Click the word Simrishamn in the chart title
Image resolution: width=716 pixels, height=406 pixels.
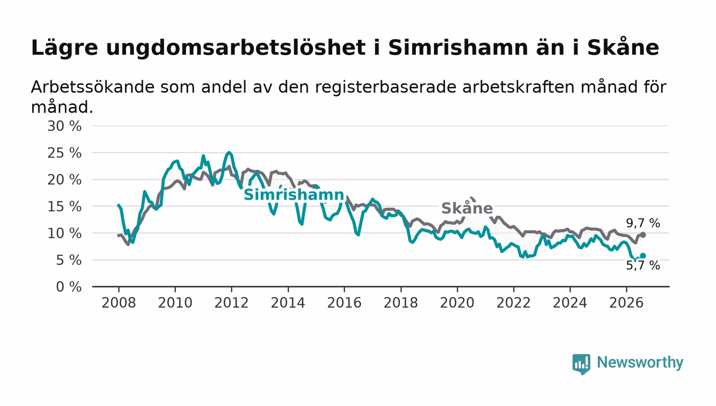point(458,48)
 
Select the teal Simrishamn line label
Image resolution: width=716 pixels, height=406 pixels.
point(294,194)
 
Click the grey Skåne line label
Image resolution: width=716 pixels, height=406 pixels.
point(467,208)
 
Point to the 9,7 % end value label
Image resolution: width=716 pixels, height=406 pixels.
point(643,223)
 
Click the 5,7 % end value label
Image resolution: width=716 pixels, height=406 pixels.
point(643,265)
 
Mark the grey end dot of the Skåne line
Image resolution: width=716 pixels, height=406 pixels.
point(643,235)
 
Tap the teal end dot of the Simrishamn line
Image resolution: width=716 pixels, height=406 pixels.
point(643,256)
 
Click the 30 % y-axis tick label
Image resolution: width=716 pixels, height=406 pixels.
point(64,126)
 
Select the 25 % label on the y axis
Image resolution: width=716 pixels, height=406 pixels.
point(64,153)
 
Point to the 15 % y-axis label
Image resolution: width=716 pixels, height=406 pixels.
point(64,207)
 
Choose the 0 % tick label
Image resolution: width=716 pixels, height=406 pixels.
point(69,287)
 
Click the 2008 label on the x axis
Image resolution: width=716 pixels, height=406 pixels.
point(119,303)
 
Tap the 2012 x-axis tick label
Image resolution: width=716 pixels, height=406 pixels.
point(231,303)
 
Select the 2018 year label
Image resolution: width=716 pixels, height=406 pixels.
point(401,303)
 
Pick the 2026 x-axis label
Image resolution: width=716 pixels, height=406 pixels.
point(626,303)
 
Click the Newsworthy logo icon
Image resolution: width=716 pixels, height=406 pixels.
point(581,364)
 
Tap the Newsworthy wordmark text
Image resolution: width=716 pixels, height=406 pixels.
point(640,363)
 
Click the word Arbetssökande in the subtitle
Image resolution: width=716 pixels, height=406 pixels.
point(93,87)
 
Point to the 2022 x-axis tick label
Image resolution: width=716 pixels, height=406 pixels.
point(513,303)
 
